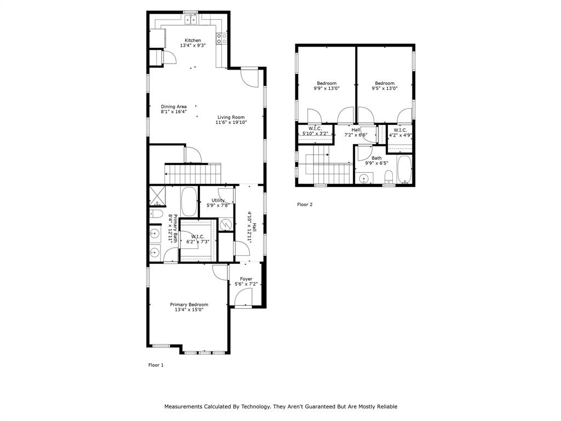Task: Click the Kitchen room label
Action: (192, 41)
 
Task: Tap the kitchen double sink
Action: (191, 20)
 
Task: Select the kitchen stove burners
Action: (221, 38)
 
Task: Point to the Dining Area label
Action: (174, 106)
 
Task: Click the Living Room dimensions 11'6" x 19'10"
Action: (231, 123)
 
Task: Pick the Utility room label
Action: (218, 201)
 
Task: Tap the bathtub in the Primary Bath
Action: (189, 202)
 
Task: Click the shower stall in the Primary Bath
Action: (157, 196)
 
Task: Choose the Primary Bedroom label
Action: (189, 305)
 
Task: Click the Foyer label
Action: (246, 279)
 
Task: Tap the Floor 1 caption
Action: (156, 365)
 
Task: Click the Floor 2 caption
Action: (305, 204)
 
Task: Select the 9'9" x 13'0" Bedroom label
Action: (327, 83)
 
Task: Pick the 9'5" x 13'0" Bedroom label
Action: (385, 83)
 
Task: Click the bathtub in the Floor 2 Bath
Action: (405, 169)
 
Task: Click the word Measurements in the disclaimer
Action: (184, 407)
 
